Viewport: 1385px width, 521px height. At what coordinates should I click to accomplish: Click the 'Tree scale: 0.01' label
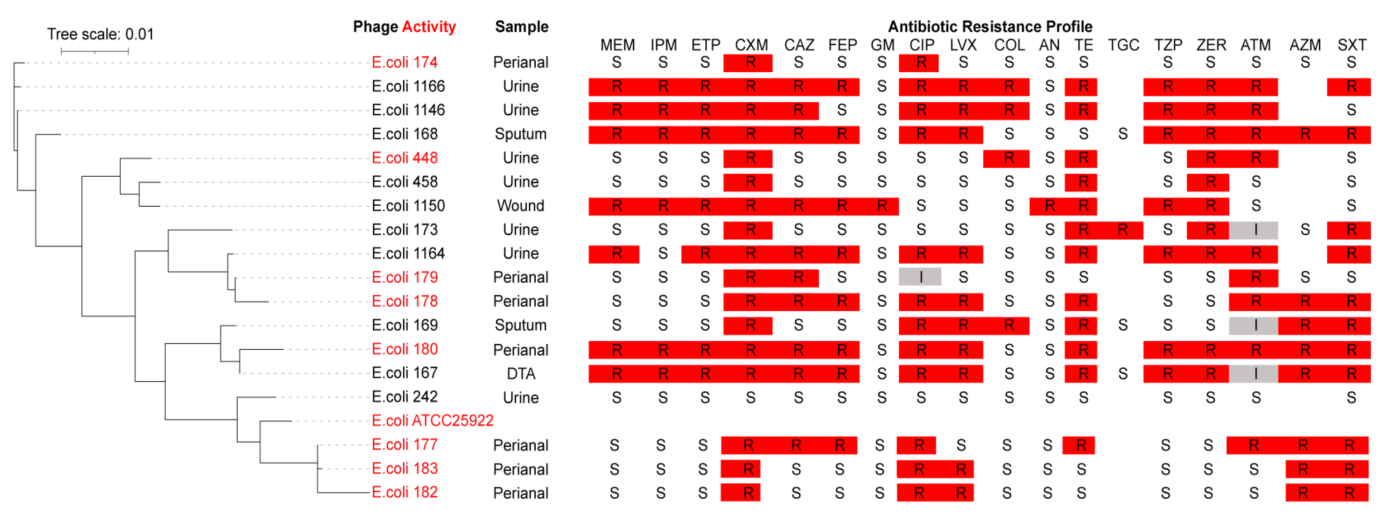(100, 35)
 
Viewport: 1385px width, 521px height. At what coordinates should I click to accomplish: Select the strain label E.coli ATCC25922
(432, 420)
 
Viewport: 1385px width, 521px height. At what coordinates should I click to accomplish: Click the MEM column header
(617, 45)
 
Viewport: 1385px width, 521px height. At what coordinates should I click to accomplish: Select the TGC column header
(1123, 45)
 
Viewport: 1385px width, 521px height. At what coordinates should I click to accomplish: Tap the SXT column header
(1351, 45)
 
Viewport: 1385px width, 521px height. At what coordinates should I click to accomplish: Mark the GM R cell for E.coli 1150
(882, 206)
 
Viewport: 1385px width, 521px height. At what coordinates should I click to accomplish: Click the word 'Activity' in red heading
(429, 27)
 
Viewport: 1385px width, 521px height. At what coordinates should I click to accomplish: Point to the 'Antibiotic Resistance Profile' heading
(989, 27)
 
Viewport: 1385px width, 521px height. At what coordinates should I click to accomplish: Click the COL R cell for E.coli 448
(1008, 158)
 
